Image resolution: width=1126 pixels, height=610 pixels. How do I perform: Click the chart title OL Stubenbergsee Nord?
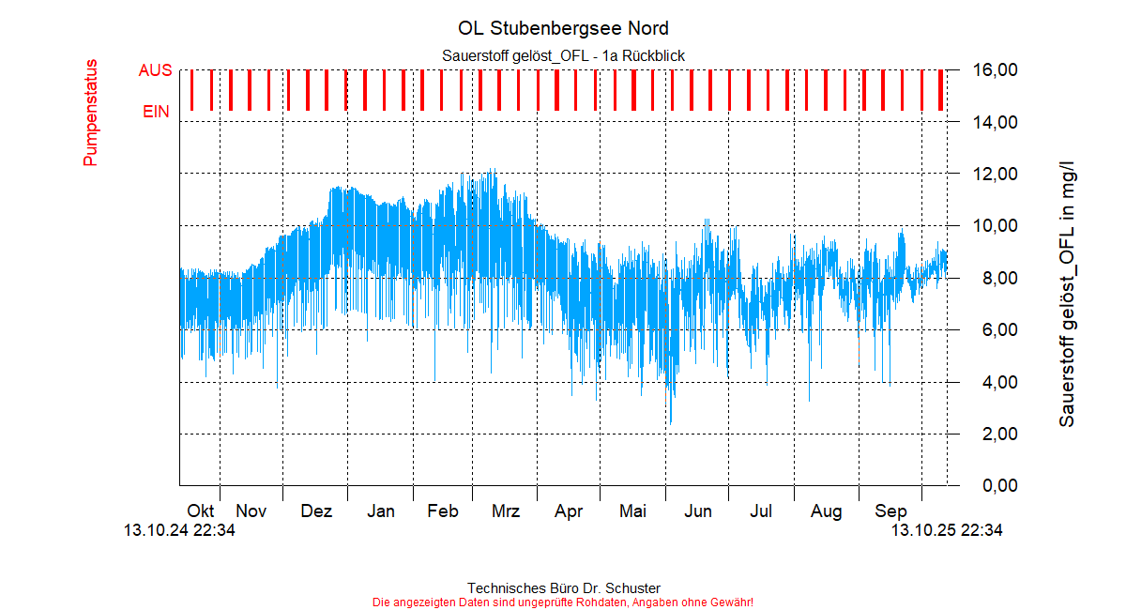pos(563,28)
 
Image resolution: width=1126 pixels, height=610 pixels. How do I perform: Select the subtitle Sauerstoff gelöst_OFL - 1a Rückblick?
pos(563,56)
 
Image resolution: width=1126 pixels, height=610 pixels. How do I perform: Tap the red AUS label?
pos(155,70)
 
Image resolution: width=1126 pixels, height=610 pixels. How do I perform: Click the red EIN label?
pos(157,112)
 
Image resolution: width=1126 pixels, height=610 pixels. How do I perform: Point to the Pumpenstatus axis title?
pos(91,113)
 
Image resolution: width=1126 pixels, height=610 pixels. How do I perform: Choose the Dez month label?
pos(316,511)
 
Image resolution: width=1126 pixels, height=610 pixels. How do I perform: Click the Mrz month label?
pos(506,511)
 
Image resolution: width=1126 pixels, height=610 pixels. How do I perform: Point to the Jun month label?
pos(697,511)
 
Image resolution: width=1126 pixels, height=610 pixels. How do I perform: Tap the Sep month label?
pos(890,511)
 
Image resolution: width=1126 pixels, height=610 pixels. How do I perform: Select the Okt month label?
pos(201,511)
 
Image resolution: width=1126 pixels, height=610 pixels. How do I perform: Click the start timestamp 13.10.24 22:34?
pos(179,531)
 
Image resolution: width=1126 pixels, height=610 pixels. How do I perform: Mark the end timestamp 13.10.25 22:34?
pos(946,531)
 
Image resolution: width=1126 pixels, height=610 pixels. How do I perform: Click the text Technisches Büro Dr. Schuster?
pos(563,588)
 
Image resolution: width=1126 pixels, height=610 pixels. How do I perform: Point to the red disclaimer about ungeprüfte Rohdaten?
pos(563,602)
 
